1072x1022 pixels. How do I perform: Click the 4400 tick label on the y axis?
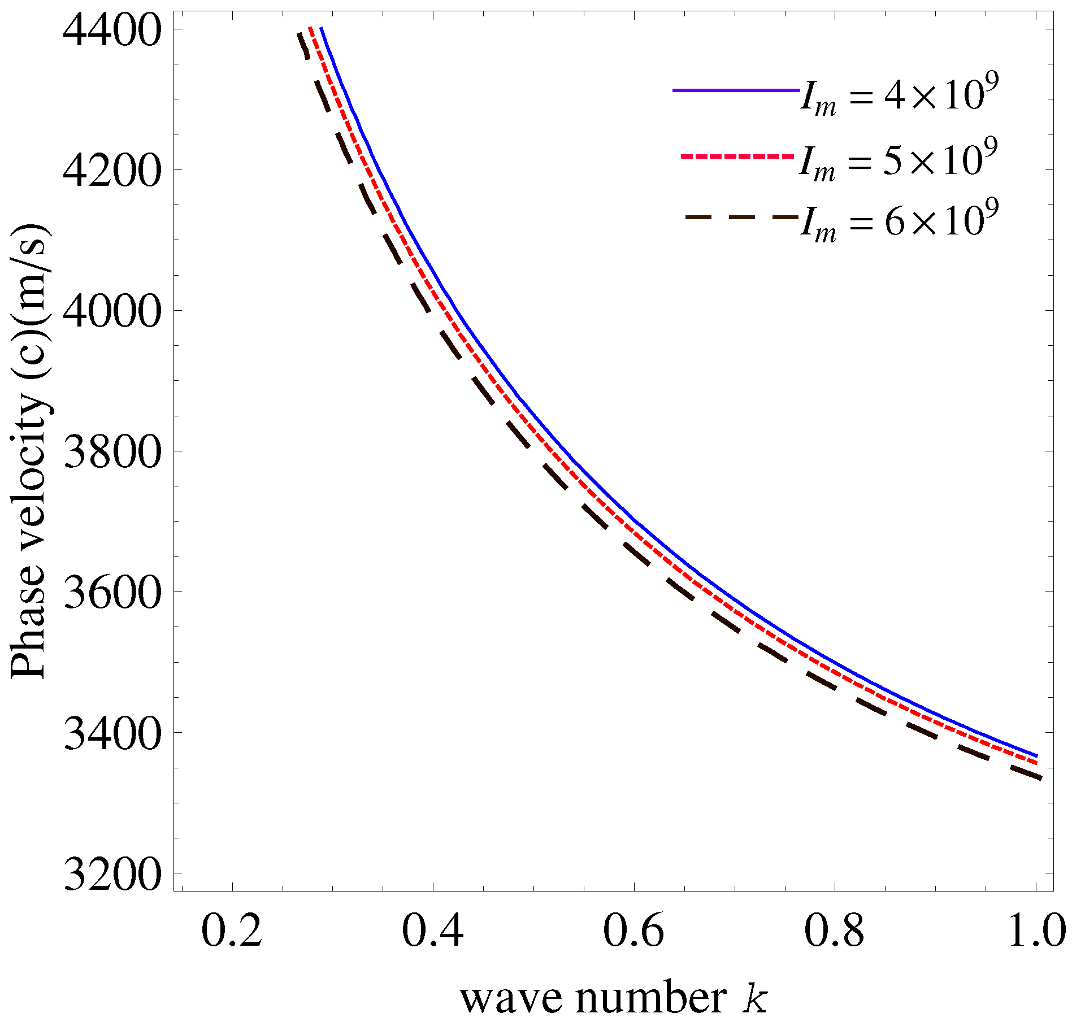[x=110, y=31]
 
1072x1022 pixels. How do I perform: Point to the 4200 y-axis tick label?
[x=110, y=171]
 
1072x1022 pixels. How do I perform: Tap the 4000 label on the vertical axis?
[x=110, y=312]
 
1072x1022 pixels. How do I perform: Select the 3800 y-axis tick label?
[x=110, y=453]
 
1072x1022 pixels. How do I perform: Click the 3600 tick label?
[x=110, y=593]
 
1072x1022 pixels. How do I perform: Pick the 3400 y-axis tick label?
[x=110, y=734]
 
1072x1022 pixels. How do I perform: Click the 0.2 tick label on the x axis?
[x=232, y=931]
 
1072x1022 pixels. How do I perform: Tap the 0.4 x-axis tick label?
[x=432, y=931]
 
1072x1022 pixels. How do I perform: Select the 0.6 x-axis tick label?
[x=633, y=931]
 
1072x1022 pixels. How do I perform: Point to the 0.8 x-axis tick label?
[x=834, y=931]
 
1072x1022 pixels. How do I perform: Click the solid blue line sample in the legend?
[x=735, y=90]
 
